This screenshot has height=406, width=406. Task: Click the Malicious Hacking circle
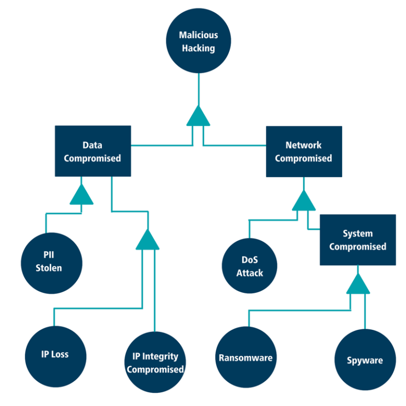point(198,42)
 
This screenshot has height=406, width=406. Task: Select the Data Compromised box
point(93,151)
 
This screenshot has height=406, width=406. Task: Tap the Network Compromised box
point(303,151)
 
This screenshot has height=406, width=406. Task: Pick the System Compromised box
point(357,239)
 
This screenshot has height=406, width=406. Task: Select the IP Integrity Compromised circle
point(155,362)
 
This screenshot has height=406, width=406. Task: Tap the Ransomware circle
point(246,357)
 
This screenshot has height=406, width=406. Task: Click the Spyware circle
point(365,360)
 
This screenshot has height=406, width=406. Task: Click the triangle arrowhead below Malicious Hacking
point(198,117)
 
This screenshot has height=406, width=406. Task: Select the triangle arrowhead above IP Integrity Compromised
point(147,240)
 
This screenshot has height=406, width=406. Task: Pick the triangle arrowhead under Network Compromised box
point(303,201)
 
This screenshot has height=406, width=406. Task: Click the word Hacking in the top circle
point(198,48)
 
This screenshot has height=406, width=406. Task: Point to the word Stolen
point(49,268)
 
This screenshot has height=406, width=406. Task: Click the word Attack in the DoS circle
point(250,273)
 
